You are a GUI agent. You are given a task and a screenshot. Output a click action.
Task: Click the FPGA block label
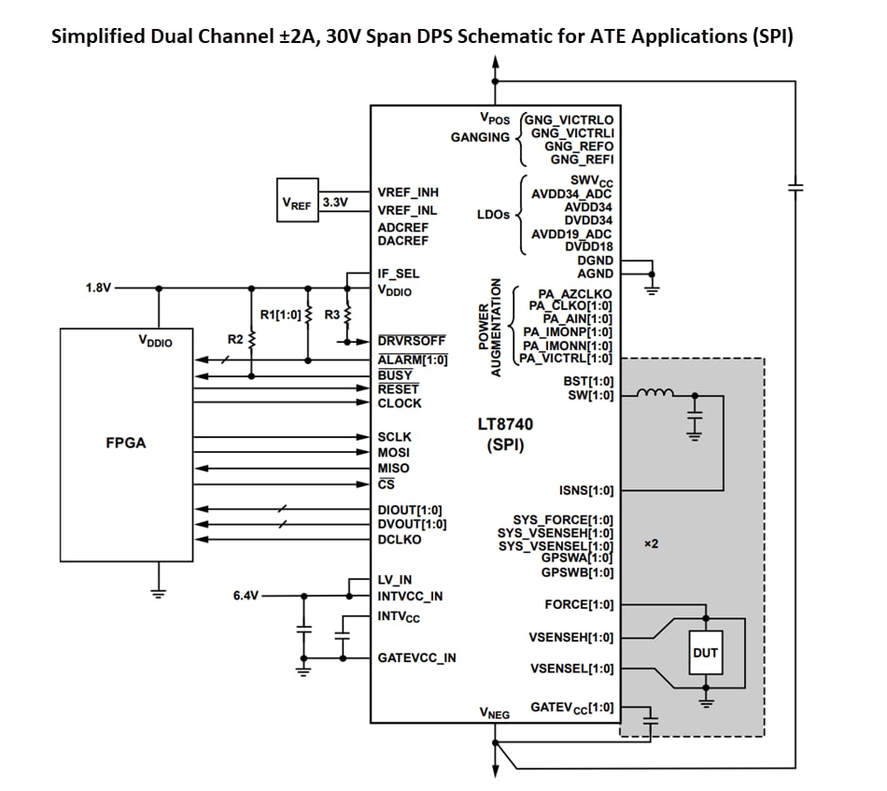pos(125,443)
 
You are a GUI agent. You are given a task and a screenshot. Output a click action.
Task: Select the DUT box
pos(705,653)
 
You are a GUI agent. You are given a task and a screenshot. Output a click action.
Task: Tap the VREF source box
pos(297,202)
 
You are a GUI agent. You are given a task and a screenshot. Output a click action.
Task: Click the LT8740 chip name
pos(505,423)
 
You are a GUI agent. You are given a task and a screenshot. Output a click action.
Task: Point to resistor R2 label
pos(235,339)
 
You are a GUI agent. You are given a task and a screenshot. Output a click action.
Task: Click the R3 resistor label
pos(332,315)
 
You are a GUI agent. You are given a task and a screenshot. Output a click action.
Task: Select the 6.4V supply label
pos(246,594)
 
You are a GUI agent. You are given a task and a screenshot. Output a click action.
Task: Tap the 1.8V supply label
pos(98,288)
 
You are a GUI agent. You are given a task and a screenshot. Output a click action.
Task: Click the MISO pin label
pos(393,468)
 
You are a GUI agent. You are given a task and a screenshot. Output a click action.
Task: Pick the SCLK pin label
pos(394,436)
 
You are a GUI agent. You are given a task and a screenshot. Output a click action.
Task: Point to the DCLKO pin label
pos(399,539)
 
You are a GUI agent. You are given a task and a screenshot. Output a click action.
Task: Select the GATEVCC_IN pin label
pos(416,657)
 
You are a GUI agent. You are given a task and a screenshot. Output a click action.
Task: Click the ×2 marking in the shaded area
pos(652,543)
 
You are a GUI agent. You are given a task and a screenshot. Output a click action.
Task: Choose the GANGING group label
pos(480,137)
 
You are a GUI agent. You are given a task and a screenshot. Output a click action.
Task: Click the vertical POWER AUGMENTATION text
pos(489,328)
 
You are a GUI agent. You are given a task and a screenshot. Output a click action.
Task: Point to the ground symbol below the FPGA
pos(159,591)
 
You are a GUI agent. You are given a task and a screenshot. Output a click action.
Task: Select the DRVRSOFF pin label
pos(411,341)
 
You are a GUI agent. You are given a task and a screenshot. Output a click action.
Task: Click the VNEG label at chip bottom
pos(495,713)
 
